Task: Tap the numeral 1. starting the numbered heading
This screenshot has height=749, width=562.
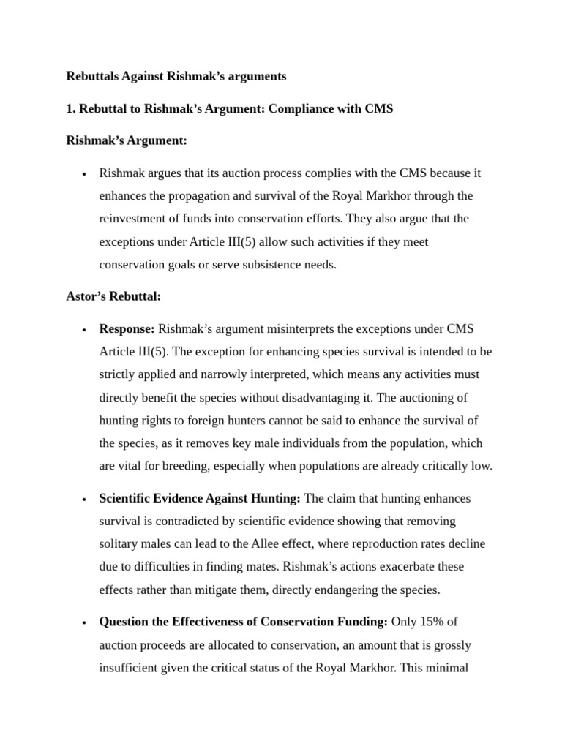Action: pos(71,108)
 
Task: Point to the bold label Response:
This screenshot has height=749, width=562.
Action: pos(127,329)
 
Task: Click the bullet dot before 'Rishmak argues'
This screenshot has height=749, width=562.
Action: pos(85,174)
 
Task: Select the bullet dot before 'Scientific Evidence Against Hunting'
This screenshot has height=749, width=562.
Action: pos(85,499)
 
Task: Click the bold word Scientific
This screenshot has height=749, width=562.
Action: pos(126,498)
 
